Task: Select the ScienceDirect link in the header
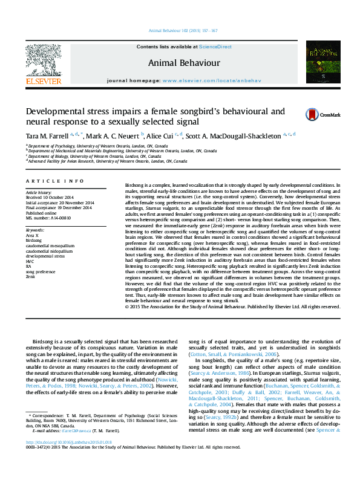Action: coord(212,47)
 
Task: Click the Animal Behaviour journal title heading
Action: coord(179,62)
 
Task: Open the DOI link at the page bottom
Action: coord(64,459)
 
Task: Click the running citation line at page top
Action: coord(182,31)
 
